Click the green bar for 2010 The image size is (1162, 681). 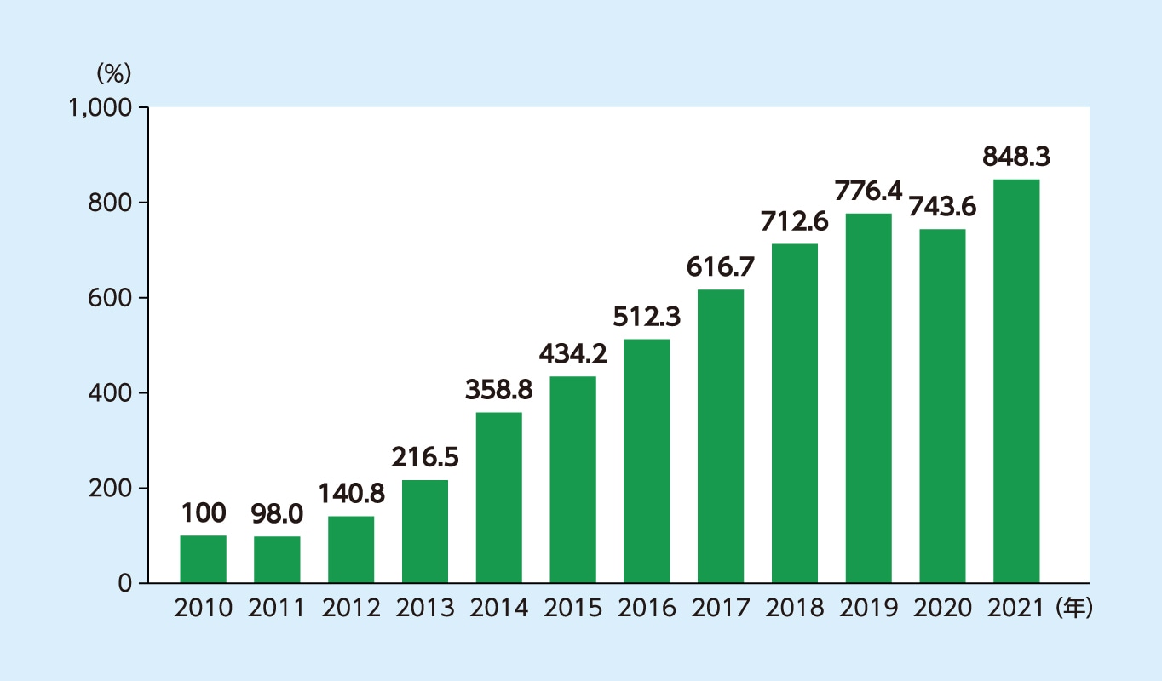203,559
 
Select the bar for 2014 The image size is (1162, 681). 499,498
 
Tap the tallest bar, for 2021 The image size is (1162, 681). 1016,381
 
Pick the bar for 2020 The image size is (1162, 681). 942,406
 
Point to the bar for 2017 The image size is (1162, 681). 721,437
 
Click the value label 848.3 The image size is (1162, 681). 1016,157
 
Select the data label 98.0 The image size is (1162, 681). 277,513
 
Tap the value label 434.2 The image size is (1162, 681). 572,353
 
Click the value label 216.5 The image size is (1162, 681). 425,457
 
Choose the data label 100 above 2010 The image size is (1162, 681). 204,513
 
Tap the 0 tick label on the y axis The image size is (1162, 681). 124,584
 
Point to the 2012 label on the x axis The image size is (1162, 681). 351,609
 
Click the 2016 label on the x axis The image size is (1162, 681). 647,609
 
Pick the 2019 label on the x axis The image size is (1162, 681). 868,609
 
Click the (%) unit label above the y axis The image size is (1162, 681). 113,73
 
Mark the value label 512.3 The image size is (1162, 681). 647,317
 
